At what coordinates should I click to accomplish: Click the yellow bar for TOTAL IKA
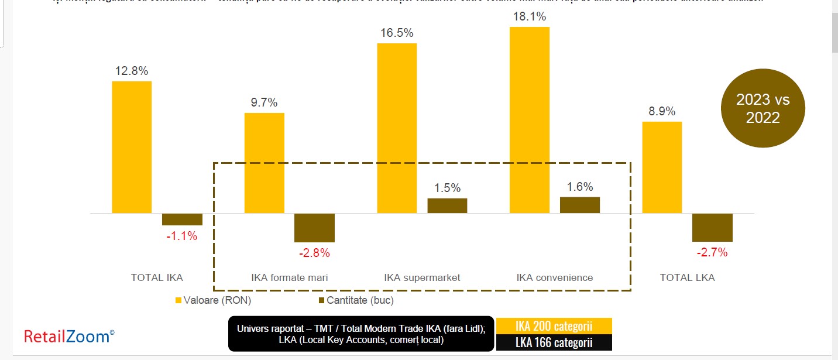tap(132, 147)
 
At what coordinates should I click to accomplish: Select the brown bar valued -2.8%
tap(314, 228)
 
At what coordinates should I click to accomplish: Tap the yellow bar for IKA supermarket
tap(397, 128)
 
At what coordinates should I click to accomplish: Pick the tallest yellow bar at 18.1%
tap(530, 120)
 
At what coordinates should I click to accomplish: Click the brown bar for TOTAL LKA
tap(712, 227)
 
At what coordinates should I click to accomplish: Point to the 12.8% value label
tap(132, 71)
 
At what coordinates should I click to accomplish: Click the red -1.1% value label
tap(181, 236)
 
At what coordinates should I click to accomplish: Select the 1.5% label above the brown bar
tap(447, 188)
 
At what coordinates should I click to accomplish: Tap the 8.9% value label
tap(662, 111)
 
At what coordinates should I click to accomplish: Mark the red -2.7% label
tap(712, 253)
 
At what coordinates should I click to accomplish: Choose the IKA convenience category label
tap(555, 277)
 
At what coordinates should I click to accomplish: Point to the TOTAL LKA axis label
tap(687, 277)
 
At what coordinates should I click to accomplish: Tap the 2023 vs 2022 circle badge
tap(763, 109)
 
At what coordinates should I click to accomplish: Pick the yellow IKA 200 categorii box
tap(554, 325)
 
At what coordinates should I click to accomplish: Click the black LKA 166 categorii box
tap(554, 342)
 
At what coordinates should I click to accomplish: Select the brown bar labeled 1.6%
tap(580, 205)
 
